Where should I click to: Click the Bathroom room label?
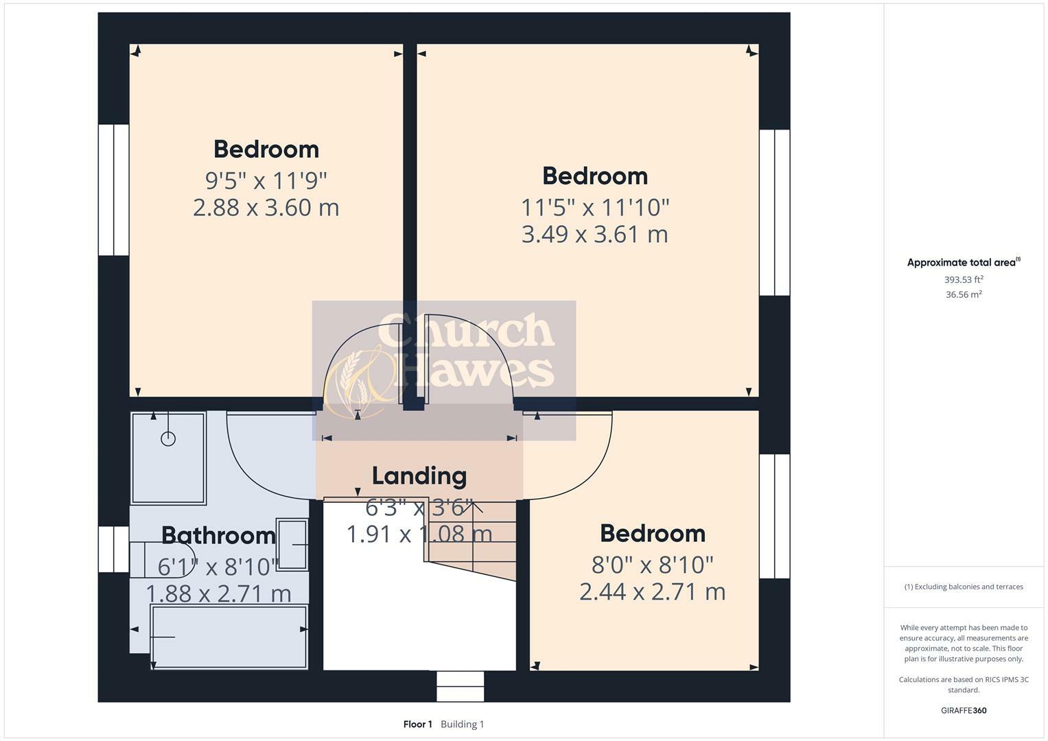click(218, 535)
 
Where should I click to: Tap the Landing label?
click(419, 475)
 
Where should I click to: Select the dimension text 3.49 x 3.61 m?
click(594, 234)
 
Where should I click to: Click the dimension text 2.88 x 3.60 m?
click(266, 207)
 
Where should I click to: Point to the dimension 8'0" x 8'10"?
click(652, 565)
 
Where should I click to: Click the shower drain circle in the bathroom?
click(168, 438)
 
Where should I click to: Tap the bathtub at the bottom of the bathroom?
click(229, 637)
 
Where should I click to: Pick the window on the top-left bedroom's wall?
click(114, 189)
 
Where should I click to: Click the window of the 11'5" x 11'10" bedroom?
click(774, 213)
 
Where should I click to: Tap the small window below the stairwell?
click(460, 686)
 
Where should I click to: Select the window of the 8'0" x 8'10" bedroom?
click(774, 516)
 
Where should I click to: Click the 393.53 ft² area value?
click(964, 279)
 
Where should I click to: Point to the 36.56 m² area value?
click(964, 294)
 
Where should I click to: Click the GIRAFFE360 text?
click(964, 710)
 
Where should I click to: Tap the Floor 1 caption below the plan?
click(417, 724)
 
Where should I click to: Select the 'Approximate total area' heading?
click(962, 262)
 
